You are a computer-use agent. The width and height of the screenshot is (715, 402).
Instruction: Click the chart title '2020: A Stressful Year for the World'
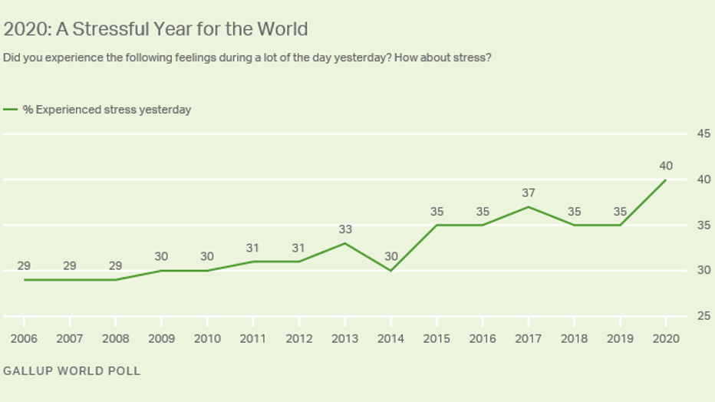coord(156,29)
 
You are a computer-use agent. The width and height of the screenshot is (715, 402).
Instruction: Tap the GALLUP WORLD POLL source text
coord(72,371)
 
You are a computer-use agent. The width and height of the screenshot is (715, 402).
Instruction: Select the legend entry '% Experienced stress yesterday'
coord(107,110)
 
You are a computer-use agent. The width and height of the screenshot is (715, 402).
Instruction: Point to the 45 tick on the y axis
coord(703,134)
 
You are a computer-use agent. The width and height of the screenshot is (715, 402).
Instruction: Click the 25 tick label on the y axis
coord(703,316)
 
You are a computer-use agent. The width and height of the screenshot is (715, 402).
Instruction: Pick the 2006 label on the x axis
coord(24,339)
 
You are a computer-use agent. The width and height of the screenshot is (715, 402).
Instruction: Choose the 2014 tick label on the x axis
coord(390,339)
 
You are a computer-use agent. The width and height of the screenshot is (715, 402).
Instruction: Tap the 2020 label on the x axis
coord(665,339)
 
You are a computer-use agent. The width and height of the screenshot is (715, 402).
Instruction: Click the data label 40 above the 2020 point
coord(665,165)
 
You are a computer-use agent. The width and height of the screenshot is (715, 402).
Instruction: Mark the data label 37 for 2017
coord(528,193)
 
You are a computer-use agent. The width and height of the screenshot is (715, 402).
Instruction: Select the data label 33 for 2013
coord(344,229)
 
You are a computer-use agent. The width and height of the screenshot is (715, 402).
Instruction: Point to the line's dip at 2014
coord(390,270)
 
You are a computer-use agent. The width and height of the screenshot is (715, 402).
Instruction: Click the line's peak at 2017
coord(528,206)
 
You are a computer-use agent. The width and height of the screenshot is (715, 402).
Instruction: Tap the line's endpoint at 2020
coord(665,180)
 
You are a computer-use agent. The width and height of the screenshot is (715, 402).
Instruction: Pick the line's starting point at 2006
coord(24,279)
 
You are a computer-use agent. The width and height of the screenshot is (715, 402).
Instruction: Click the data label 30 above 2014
coord(390,256)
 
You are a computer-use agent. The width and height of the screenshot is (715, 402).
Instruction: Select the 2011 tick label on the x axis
coord(253,339)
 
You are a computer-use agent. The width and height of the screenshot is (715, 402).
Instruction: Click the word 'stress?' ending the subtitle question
coord(471,58)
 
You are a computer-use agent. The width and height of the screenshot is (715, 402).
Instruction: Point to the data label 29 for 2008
coord(115,265)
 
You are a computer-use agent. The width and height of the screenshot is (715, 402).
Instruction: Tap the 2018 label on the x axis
coord(573,339)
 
